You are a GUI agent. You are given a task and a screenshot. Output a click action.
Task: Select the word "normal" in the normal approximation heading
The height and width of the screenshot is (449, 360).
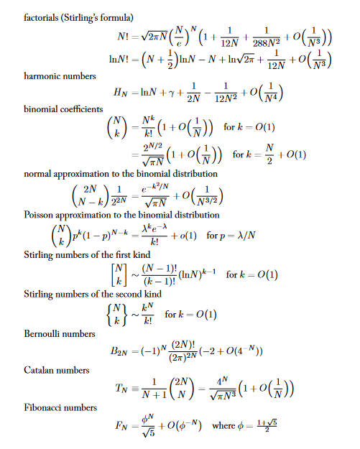tap(40, 174)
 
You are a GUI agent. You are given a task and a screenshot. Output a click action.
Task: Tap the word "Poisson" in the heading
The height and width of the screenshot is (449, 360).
tap(42, 215)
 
